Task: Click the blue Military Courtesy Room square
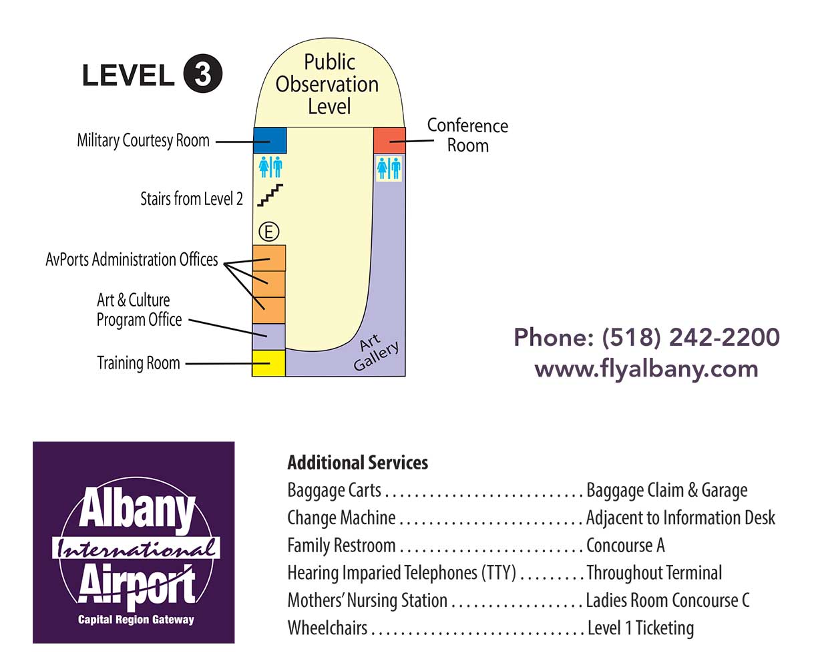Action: [270, 140]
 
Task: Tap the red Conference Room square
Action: [389, 140]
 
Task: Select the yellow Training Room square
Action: [268, 363]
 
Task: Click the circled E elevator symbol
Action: [268, 232]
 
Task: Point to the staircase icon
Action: [270, 194]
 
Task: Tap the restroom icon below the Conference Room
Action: [389, 168]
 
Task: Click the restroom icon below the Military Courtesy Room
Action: [270, 167]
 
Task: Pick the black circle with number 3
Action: [202, 75]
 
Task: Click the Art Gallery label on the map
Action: [375, 351]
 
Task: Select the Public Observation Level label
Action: [328, 84]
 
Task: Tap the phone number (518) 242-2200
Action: [690, 337]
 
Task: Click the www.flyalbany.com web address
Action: [646, 369]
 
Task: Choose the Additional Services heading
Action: [357, 463]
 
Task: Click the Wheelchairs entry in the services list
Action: [327, 628]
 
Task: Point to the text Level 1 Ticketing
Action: [640, 628]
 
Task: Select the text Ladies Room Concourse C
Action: [667, 600]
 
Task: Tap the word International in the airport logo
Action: [136, 549]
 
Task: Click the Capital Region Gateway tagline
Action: [136, 620]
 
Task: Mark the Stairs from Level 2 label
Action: [191, 199]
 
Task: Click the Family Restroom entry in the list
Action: [341, 545]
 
